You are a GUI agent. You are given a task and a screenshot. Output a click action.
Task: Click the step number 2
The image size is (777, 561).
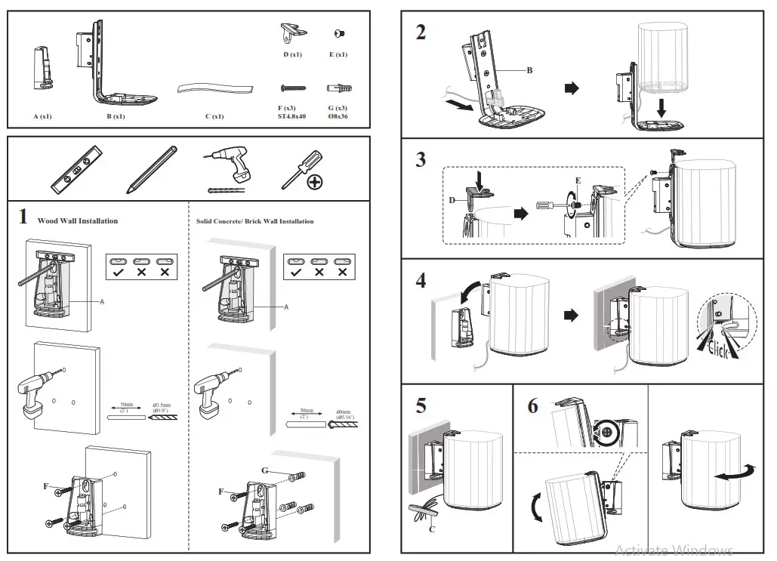[421, 32]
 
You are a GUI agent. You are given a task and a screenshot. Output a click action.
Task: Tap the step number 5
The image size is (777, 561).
[421, 405]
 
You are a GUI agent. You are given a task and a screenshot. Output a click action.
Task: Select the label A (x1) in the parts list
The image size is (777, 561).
[42, 117]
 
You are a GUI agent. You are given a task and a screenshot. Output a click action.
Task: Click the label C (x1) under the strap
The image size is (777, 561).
[214, 117]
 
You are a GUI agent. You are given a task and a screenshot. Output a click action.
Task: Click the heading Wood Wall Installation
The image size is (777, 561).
[78, 221]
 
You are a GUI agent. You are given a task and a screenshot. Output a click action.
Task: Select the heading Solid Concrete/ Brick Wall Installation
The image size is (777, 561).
[254, 221]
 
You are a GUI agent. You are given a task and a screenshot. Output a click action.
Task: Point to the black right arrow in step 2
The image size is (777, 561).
[572, 88]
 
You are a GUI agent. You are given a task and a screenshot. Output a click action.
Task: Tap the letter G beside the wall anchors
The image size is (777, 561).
[265, 470]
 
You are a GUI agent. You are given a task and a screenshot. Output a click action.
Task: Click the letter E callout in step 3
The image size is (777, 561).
[578, 181]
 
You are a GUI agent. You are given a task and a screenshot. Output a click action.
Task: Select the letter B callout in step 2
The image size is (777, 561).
[529, 70]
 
